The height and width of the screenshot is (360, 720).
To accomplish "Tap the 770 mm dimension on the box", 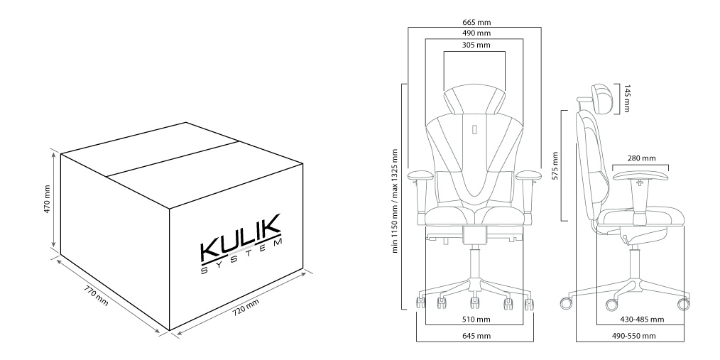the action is coord(96,297).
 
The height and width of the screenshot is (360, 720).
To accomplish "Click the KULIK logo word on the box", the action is coord(240,237).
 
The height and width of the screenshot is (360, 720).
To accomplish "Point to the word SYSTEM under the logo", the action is coord(241,256).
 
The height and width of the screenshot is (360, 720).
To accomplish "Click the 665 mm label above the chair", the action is coord(476,22).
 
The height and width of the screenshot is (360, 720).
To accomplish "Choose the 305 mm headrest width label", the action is coord(476,45).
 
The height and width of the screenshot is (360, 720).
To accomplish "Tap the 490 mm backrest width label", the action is coord(476,33).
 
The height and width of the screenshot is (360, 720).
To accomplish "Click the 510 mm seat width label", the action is coord(476,319).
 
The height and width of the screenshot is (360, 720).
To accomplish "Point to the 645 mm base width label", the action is coord(476,336).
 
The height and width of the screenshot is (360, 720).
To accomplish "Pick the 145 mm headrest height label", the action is coord(627,98).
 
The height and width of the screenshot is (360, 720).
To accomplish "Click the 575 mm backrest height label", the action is coord(555,165).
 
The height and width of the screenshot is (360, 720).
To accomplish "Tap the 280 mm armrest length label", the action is coord(641,158).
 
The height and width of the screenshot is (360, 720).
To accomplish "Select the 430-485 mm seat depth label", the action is coord(640,319).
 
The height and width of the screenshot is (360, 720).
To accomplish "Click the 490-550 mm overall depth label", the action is coord(633,336).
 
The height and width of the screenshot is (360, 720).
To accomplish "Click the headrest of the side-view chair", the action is coord(602,98).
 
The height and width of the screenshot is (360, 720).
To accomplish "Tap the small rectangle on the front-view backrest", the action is coord(475,130).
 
